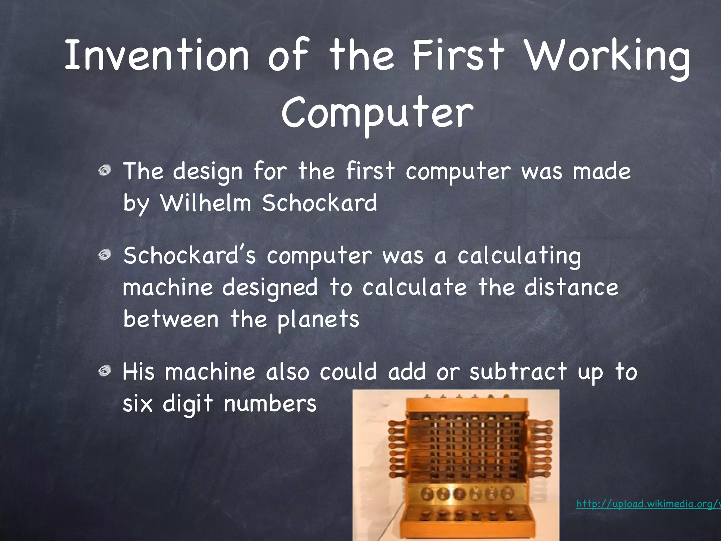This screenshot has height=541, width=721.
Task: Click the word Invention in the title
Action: [x=157, y=56]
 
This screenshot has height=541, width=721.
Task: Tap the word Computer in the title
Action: [x=377, y=113]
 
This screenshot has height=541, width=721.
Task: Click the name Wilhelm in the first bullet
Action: [x=206, y=203]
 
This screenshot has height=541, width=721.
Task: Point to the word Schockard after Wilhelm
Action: [x=319, y=203]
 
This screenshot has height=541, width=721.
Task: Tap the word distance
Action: [x=571, y=287]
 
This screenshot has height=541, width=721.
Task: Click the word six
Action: [x=138, y=403]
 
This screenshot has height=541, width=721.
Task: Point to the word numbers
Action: [x=270, y=403]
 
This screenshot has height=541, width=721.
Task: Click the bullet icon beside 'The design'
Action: [x=105, y=171]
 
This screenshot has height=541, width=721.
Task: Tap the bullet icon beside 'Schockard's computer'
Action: [x=105, y=255]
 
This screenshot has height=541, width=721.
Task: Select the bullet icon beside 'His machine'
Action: [x=105, y=371]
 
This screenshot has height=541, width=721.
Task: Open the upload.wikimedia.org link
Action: [x=648, y=504]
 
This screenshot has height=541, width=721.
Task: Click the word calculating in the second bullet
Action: [x=519, y=256]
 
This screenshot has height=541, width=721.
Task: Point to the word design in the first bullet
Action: [x=208, y=172]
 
